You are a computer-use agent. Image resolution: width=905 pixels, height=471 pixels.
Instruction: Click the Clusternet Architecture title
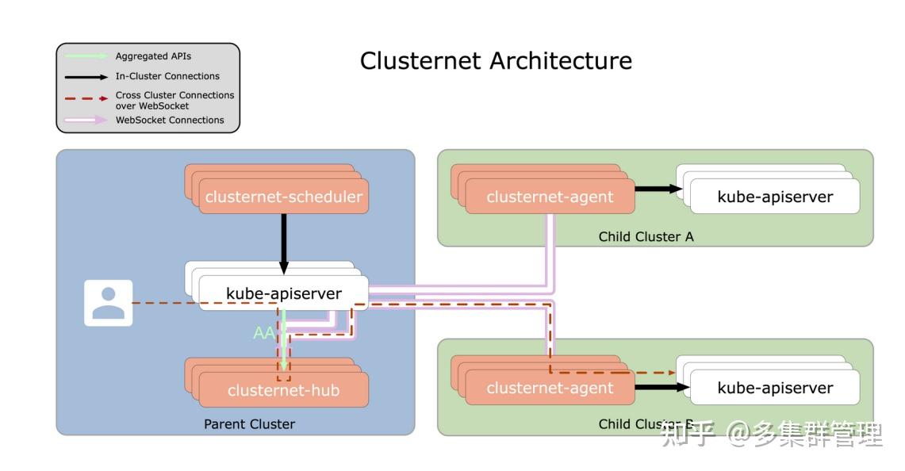(496, 61)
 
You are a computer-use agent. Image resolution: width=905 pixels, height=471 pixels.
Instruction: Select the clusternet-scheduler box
(283, 197)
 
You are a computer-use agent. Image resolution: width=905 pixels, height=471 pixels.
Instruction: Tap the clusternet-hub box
(283, 390)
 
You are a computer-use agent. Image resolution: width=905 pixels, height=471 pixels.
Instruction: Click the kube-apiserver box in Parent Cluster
(283, 293)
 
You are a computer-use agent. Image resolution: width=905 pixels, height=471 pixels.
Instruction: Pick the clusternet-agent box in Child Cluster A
(550, 197)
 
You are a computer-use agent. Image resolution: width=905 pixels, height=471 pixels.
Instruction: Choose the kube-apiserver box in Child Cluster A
(775, 197)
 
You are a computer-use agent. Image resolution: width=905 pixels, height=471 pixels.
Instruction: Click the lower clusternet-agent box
(550, 388)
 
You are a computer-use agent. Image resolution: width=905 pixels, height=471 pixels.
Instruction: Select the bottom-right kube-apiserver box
(775, 388)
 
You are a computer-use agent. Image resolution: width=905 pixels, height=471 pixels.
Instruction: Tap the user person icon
(109, 303)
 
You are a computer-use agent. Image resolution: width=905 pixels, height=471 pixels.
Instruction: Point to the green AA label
(263, 334)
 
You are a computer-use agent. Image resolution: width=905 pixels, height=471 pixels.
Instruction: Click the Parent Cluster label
(249, 424)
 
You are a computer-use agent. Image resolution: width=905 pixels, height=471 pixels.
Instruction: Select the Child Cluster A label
(646, 236)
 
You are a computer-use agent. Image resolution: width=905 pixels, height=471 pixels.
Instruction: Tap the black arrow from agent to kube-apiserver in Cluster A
(658, 189)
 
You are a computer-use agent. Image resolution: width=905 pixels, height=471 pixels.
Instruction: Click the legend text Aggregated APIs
(153, 56)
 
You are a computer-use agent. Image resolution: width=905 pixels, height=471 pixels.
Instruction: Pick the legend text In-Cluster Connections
(167, 76)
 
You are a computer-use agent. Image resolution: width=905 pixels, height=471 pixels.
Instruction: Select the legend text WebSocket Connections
(170, 120)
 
